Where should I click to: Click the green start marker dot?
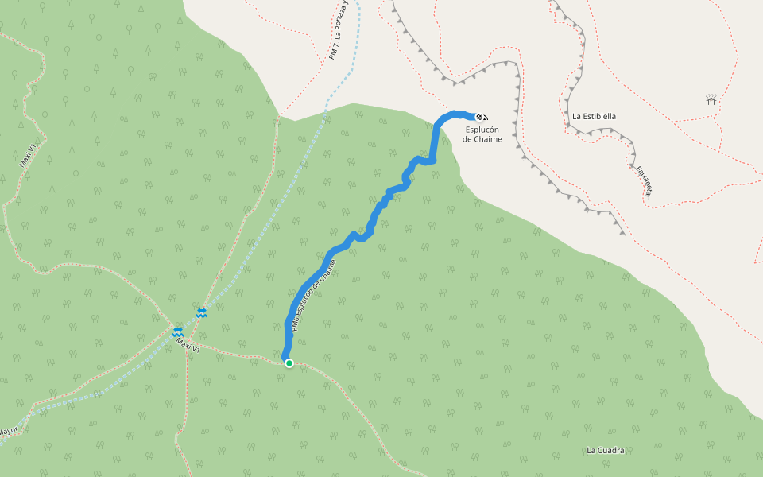[x=289, y=363]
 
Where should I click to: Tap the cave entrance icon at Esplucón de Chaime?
[x=482, y=117]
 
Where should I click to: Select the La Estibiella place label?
[x=594, y=116]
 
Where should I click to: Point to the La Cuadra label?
[x=606, y=450]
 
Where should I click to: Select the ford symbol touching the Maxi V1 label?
[x=178, y=332]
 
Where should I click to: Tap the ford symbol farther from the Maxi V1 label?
[x=203, y=313]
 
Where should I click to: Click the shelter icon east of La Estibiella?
[x=711, y=99]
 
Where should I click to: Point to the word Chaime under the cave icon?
[x=489, y=139]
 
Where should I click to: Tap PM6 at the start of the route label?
[x=294, y=325]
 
